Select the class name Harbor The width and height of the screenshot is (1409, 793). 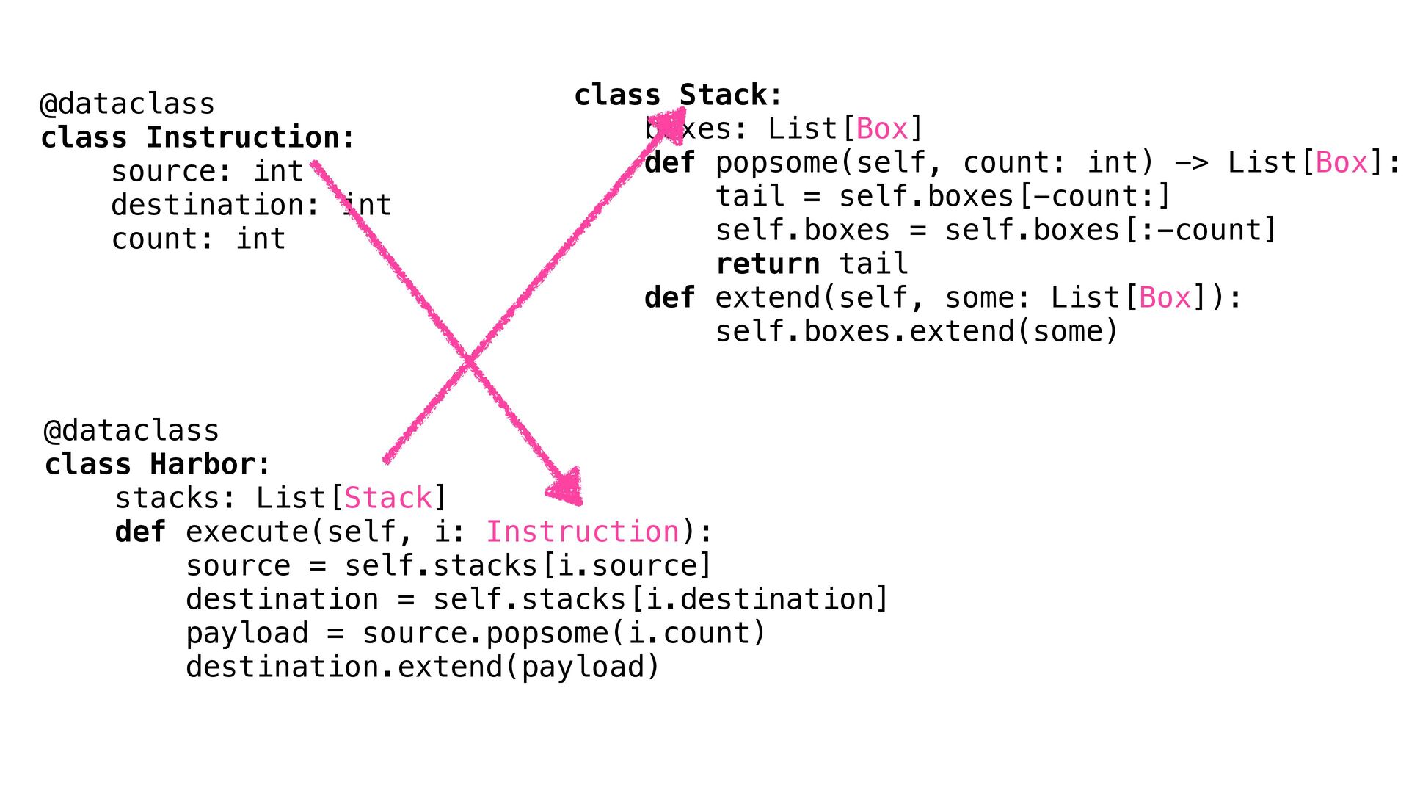point(203,464)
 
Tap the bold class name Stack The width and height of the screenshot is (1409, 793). point(722,95)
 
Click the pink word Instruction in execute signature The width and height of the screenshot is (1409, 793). point(583,532)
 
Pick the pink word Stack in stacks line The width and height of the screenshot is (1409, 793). point(388,498)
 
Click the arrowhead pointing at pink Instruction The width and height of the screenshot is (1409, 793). point(567,487)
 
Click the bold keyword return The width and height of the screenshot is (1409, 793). point(767,264)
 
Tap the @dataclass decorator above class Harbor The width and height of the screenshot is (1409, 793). point(131,430)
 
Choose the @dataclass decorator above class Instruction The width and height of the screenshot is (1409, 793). point(127,104)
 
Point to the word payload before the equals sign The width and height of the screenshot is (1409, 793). point(247,633)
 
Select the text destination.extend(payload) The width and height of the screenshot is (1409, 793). point(423,667)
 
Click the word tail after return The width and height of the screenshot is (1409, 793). point(873,264)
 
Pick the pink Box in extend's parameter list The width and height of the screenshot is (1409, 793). point(1165,297)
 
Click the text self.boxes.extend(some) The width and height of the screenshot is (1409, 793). point(917,331)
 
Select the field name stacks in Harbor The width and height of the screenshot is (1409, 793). point(168,498)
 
